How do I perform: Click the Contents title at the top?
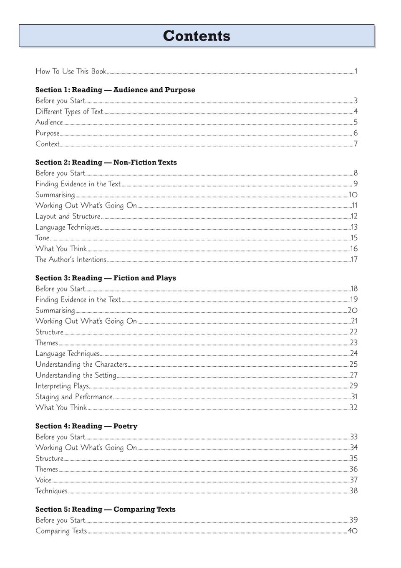point(197,36)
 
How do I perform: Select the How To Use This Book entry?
point(71,71)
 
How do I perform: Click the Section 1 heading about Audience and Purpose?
point(115,90)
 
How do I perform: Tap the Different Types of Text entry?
point(69,112)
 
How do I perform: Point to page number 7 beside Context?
point(356,144)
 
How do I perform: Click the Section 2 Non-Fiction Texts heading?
point(106,162)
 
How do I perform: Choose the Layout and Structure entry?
point(68,216)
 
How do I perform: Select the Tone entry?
point(42,238)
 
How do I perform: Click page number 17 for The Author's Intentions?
point(354,259)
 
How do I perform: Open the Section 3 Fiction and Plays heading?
point(106,278)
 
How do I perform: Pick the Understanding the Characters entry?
point(81,365)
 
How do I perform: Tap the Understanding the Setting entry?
point(76,375)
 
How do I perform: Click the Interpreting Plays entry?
point(62,386)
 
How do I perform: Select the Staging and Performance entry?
point(74,397)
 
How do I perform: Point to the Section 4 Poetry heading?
point(86,426)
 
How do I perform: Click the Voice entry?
point(43,480)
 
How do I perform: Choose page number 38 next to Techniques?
point(353,491)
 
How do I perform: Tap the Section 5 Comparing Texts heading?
point(105,510)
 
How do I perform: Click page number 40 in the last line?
point(353,531)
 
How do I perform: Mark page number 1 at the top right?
point(356,71)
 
